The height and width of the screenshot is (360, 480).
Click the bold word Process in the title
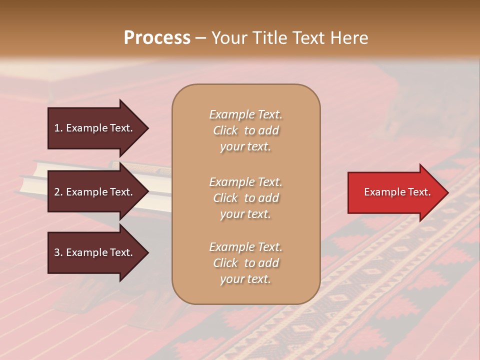coord(157,38)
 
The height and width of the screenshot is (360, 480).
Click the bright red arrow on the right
coord(395,192)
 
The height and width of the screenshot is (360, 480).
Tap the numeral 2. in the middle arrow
coord(58,192)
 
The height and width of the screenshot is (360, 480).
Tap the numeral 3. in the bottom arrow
coord(58,253)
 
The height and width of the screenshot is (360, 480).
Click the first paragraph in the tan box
coord(245,130)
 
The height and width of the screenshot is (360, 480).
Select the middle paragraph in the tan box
coord(245,198)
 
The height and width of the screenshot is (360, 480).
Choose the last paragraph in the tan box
coord(245,263)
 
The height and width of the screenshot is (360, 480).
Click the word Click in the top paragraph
coord(225,130)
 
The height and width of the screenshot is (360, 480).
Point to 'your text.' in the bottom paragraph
coord(245,279)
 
